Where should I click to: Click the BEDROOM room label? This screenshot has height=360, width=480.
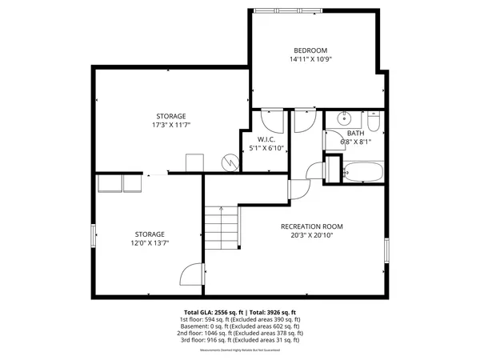[x=310, y=50]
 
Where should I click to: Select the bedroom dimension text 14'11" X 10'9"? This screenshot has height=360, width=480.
[x=310, y=59]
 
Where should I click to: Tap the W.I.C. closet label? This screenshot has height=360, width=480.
[x=266, y=139]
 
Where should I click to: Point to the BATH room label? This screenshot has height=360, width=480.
[x=356, y=134]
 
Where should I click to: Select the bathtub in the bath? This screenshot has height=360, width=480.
[x=362, y=172]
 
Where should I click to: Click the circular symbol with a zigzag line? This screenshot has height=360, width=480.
[x=230, y=162]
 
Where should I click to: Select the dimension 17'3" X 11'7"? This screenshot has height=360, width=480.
[x=170, y=126]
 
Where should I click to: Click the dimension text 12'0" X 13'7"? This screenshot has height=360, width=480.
[x=150, y=243]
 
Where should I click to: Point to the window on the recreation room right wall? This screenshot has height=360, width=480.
[x=386, y=249]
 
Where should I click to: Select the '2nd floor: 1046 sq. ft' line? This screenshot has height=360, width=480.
[x=240, y=333]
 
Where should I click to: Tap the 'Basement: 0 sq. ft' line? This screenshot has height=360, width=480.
[x=240, y=326]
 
